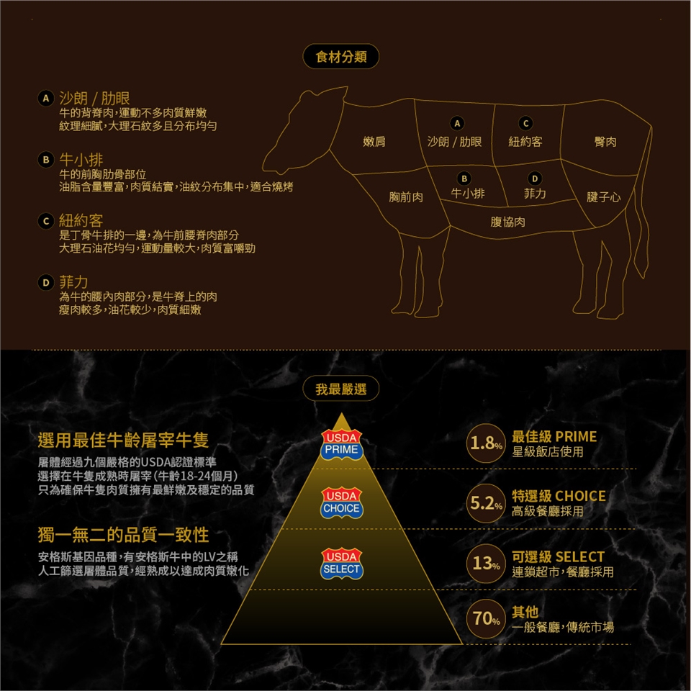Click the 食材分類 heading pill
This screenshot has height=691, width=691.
coord(340,56)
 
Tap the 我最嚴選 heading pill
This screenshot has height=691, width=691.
coord(340,389)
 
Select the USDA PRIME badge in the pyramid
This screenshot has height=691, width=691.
coord(341,445)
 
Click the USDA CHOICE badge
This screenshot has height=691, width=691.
coord(341,503)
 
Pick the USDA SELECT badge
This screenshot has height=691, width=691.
coord(341,564)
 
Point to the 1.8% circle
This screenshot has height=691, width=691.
coord(486,443)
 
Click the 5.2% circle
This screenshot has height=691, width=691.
coord(486,503)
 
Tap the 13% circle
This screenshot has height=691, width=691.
coord(486,563)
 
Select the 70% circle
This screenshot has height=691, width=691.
coord(486,618)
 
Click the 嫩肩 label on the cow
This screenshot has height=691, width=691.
coord(374,142)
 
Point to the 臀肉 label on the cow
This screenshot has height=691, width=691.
coord(605,142)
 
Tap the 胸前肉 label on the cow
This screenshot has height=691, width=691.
coord(406,197)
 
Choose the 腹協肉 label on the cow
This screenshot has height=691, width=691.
coord(507,222)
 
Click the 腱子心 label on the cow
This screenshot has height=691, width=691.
coord(603,197)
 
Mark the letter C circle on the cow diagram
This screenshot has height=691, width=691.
coord(525,123)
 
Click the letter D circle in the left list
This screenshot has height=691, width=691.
coord(45,282)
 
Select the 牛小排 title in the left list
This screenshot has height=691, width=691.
coord(81,160)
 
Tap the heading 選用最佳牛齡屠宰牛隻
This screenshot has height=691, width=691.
coord(123,440)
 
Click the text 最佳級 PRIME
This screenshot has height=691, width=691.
coord(554,436)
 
